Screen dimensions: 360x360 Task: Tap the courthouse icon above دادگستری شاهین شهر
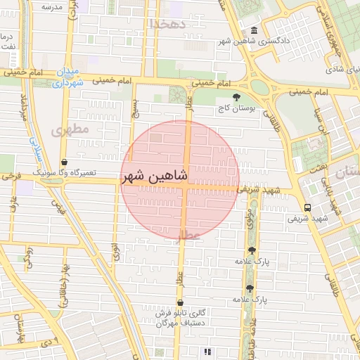pos(254,30)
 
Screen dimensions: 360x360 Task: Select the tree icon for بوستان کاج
pos(235,97)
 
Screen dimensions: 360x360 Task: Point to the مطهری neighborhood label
pos(71,129)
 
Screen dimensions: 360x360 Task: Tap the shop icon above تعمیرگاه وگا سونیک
pos(65,162)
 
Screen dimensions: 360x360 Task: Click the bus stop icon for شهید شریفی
pos(307,207)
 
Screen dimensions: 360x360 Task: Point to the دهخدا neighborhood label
pos(167,23)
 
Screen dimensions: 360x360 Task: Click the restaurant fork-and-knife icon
pos(207,351)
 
